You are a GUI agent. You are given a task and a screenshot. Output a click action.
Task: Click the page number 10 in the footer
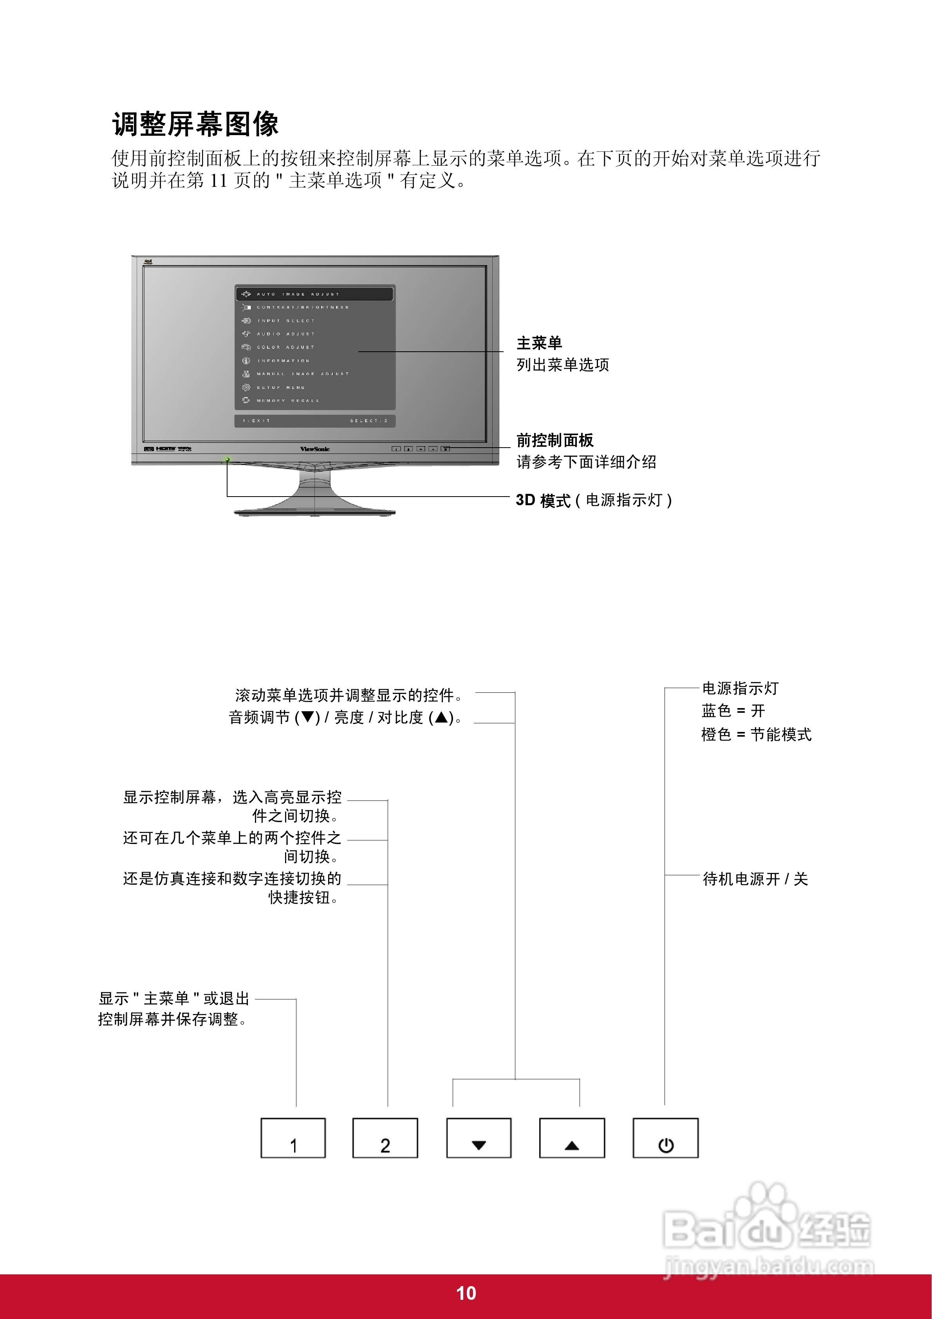(466, 1293)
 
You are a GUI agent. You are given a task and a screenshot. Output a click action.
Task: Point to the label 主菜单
(539, 343)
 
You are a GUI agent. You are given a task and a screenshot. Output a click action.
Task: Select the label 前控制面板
(555, 440)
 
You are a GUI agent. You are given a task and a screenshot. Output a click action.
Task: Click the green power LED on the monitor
(228, 459)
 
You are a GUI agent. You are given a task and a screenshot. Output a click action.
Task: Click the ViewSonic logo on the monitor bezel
(315, 449)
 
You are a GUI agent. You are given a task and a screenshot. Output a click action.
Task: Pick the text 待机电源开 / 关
(755, 879)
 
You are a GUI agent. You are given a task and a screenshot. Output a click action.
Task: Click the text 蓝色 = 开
(733, 711)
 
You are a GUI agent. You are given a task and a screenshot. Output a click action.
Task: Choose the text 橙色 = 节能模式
(756, 734)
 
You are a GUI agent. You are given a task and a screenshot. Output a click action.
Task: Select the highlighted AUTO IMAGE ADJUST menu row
(314, 294)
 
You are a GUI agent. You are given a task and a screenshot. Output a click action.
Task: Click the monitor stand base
(314, 510)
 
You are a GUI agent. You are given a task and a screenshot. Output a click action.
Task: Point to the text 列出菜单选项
(563, 365)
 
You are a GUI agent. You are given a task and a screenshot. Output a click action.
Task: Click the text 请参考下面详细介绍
(586, 462)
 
